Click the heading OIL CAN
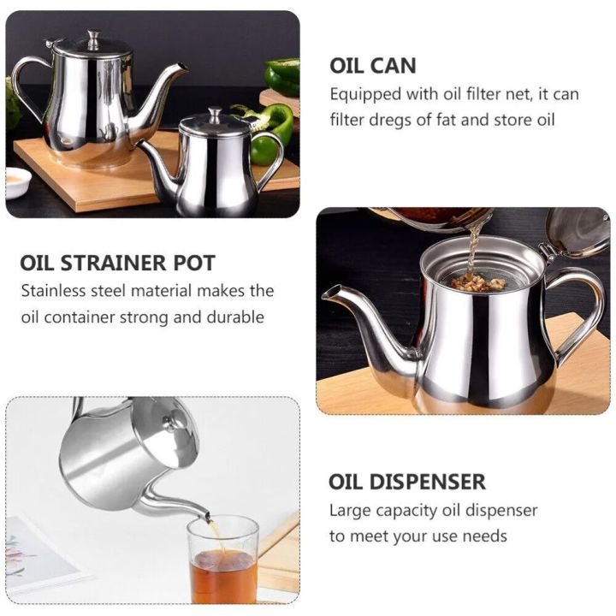pyautogui.click(x=372, y=65)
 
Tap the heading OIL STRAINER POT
pyautogui.click(x=117, y=262)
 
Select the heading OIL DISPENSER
pyautogui.click(x=406, y=481)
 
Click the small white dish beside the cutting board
pyautogui.click(x=18, y=181)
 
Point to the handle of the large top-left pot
pyautogui.click(x=26, y=86)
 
